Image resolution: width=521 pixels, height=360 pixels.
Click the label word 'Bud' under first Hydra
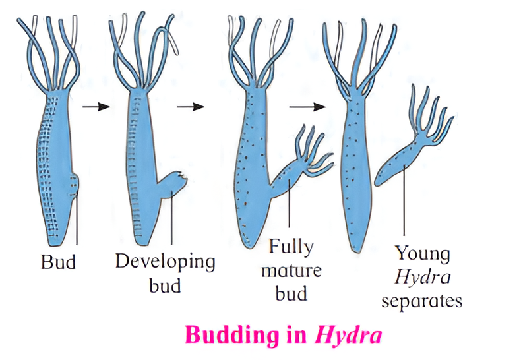[58, 262]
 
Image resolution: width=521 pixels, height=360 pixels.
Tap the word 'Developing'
[165, 262]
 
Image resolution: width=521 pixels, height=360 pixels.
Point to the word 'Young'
[422, 254]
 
